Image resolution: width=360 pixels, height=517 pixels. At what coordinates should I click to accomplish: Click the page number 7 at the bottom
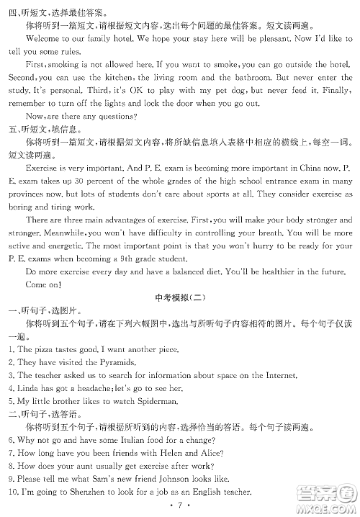click(x=180, y=506)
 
